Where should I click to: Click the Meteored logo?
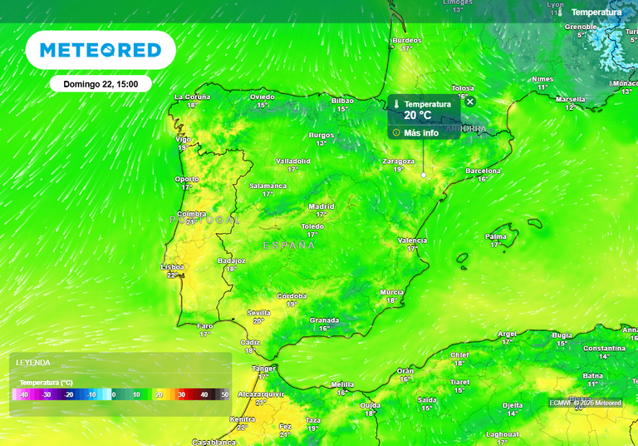[101, 50]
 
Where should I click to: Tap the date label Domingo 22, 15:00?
[101, 84]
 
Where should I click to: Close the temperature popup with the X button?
[470, 102]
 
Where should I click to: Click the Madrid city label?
[321, 206]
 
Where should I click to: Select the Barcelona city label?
[483, 171]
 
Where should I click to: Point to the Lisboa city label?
[173, 267]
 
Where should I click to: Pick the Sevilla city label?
[258, 313]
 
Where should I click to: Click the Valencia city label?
[412, 240]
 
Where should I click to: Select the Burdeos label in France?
[406, 40]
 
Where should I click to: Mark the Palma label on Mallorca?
[496, 236]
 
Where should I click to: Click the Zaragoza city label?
[399, 161]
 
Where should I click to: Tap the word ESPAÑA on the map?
[289, 245]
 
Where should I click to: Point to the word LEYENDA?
[33, 363]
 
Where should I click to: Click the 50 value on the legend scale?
[223, 394]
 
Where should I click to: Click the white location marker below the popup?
[424, 176]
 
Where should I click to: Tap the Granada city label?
[324, 320]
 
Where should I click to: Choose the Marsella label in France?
[570, 99]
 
